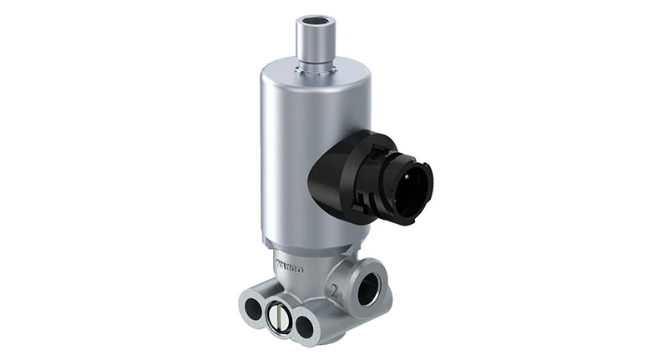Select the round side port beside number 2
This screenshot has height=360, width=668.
pos(367,289)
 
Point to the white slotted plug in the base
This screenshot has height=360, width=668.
pos(281,318)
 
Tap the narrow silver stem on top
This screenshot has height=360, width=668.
pos(316,42)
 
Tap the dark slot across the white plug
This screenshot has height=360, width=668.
pos(281,318)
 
